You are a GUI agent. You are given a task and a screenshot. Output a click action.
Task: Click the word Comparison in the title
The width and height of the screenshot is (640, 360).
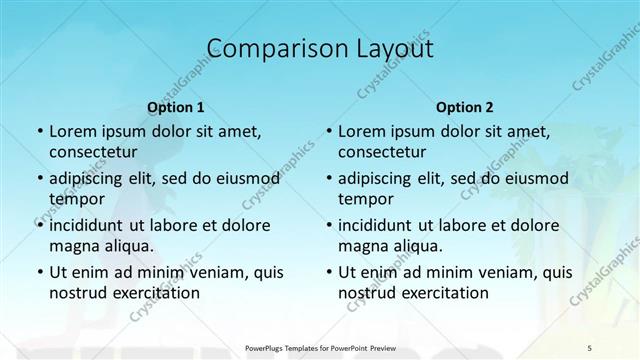pos(263,48)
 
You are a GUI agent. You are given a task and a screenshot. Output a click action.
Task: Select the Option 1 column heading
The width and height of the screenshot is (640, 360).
pos(175,106)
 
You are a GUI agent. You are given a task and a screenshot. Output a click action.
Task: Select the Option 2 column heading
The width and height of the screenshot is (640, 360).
pos(464,106)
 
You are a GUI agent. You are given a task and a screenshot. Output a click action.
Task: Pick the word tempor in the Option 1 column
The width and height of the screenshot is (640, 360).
pos(74,199)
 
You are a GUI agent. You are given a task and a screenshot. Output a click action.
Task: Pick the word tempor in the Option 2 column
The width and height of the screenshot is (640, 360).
pos(363,199)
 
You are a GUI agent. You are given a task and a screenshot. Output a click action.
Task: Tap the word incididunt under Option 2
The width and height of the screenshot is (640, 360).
pos(382,225)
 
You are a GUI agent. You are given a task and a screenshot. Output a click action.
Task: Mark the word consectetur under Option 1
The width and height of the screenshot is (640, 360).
pos(93,152)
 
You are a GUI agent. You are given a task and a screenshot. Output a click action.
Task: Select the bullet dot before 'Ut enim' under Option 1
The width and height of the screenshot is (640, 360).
pos(39,272)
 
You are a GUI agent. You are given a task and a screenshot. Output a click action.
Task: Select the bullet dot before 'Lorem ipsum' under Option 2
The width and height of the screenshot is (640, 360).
pos(328,131)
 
